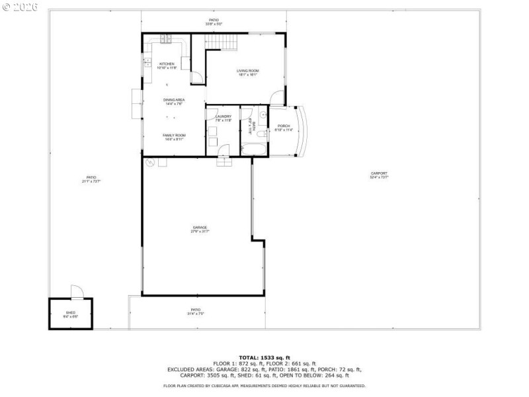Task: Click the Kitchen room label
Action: [x=166, y=66]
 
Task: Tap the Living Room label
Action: [x=248, y=73]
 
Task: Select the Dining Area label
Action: [x=174, y=101]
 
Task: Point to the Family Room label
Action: [x=174, y=137]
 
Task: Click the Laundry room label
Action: [x=224, y=118]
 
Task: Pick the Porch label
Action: [x=284, y=128]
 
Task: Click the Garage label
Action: [x=200, y=229]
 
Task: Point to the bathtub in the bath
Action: [x=255, y=150]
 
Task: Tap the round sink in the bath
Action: [x=263, y=114]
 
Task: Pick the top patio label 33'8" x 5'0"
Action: [x=214, y=22]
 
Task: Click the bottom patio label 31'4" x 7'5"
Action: [x=196, y=311]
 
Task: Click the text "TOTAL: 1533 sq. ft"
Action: [x=264, y=357]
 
